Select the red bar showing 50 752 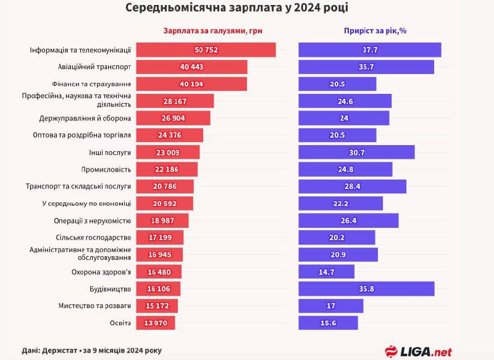pos(206,50)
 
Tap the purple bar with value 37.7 pos(369,50)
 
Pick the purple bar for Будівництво pos(366,288)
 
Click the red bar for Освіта pos(156,322)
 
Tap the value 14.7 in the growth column pos(327,272)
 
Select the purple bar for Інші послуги pos(356,152)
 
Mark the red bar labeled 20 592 pos(164,203)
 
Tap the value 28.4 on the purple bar pos(353,186)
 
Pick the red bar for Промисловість pos(167,169)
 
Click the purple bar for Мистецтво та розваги pos(331,306)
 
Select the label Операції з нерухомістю pos(93,220)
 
